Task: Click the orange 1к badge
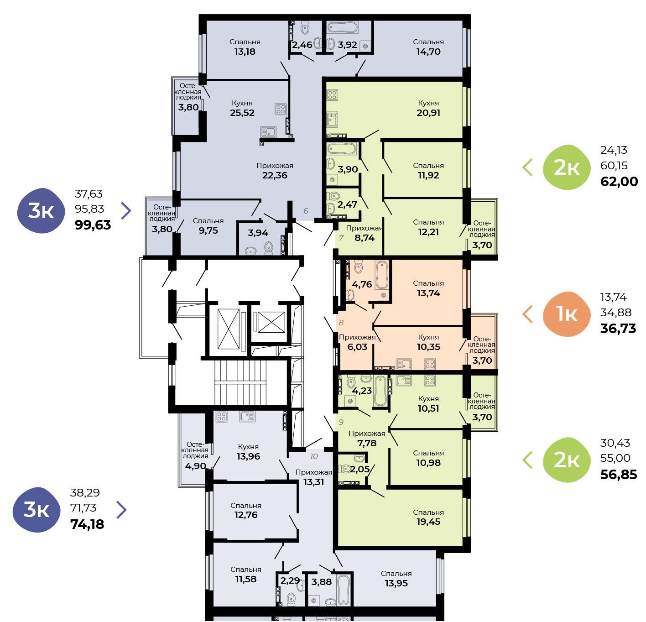pyautogui.click(x=566, y=314)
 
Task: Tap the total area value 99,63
pyautogui.click(x=93, y=225)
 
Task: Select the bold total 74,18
pyautogui.click(x=88, y=524)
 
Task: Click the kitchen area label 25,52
pyautogui.click(x=242, y=113)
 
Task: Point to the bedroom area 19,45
pyautogui.click(x=428, y=522)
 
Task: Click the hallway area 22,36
pyautogui.click(x=275, y=175)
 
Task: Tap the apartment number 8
pyautogui.click(x=341, y=322)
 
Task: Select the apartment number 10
pyautogui.click(x=314, y=456)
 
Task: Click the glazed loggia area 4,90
pyautogui.click(x=196, y=466)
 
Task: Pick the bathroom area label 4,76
pyautogui.click(x=362, y=284)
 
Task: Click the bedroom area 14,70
pyautogui.click(x=428, y=52)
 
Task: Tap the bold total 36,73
pyautogui.click(x=618, y=328)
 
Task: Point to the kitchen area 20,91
pyautogui.click(x=428, y=113)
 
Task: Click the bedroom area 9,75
pyautogui.click(x=208, y=230)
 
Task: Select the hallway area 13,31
pyautogui.click(x=313, y=482)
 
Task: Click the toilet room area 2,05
pyautogui.click(x=359, y=469)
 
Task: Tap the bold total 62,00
pyautogui.click(x=619, y=181)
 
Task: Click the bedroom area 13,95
pyautogui.click(x=396, y=583)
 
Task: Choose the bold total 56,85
pyautogui.click(x=619, y=474)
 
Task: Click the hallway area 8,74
pyautogui.click(x=365, y=238)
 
